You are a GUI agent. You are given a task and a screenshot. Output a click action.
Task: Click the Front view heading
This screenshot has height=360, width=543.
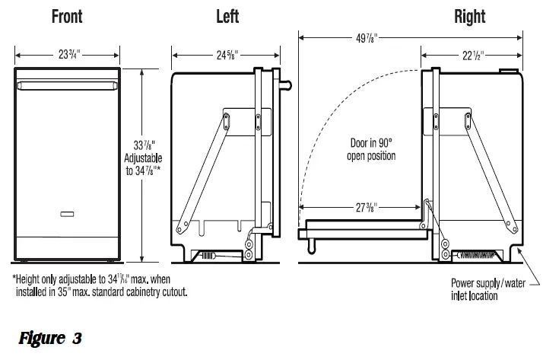[x=67, y=16]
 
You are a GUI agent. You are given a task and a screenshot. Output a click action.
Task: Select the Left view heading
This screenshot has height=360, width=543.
[x=227, y=16]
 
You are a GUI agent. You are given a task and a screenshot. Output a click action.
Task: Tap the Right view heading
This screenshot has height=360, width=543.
[x=469, y=17]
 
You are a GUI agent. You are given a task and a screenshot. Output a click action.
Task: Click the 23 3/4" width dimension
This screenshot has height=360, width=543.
[x=69, y=54]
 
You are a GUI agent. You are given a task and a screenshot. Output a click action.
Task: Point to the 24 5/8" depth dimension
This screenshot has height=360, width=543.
[x=227, y=55]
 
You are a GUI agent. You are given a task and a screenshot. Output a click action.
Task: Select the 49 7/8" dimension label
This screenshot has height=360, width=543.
[x=367, y=38]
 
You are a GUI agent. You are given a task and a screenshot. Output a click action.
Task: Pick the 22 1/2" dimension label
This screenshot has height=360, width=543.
[x=473, y=55]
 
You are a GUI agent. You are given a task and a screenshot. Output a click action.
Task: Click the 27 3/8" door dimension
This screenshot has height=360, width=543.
[x=367, y=207]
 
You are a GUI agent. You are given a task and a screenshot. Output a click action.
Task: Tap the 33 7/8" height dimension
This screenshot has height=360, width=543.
[x=144, y=145]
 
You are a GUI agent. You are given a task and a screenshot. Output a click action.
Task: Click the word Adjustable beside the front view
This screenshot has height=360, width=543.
[x=143, y=158]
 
